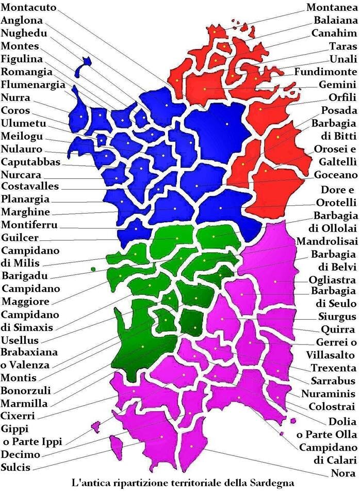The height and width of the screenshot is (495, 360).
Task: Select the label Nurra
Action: [x=16, y=97]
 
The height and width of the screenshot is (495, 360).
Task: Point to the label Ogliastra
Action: [x=332, y=280]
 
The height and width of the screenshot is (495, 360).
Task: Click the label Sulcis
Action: [x=16, y=468]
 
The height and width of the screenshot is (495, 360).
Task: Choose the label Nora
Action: [x=343, y=473]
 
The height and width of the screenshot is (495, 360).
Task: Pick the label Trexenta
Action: [x=333, y=368]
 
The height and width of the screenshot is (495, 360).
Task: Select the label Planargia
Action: [x=25, y=199]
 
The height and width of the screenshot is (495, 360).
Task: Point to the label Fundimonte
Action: [x=325, y=71]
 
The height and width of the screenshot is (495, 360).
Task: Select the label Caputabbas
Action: [x=30, y=162]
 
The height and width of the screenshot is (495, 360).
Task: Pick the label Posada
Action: [x=339, y=110]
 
